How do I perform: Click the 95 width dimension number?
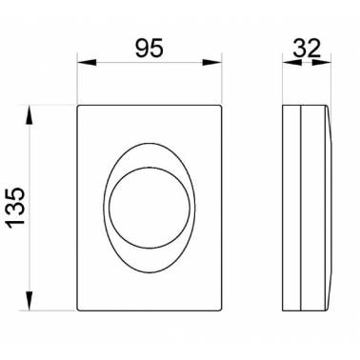150,48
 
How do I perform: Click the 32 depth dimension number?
307,48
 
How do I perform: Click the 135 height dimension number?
16,208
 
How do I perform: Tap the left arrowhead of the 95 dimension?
87,63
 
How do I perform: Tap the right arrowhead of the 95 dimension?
212,63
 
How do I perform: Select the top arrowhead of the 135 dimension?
29,115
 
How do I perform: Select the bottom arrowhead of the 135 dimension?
29,301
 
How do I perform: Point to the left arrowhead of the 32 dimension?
292,63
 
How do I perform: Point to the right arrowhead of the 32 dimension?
322,63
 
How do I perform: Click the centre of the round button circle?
150,208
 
